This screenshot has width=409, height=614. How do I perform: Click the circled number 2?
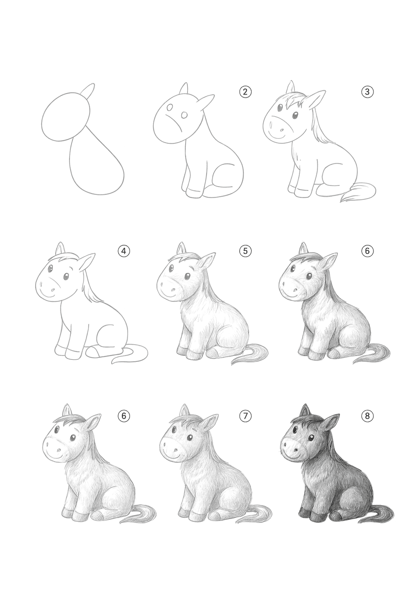point(245,92)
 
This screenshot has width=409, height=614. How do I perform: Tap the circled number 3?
point(367,92)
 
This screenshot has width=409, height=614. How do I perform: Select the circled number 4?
point(124,251)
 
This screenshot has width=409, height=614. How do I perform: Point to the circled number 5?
point(245,251)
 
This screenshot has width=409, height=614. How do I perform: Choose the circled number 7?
point(245,416)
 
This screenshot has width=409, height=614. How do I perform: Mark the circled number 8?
point(367,416)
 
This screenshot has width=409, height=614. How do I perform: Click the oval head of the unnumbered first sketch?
point(66,117)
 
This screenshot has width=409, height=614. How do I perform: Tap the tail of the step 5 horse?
point(250,353)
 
